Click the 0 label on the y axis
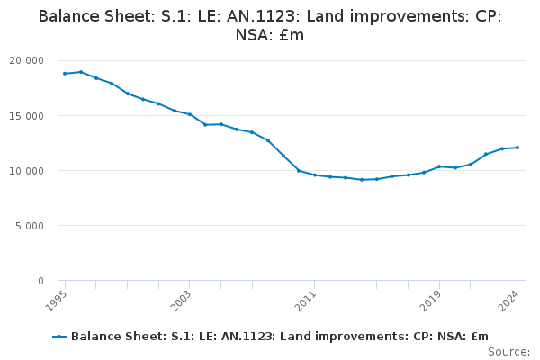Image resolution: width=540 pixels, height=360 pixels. click(x=40, y=281)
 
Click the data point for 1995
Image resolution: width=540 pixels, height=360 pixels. click(x=65, y=74)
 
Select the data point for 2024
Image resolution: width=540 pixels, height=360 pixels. click(x=517, y=148)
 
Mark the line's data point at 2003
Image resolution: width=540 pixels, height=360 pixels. click(x=190, y=114)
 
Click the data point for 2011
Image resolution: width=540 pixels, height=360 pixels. click(x=314, y=175)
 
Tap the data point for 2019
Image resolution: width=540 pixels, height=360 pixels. click(x=439, y=166)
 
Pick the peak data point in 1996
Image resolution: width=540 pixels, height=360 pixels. click(x=80, y=72)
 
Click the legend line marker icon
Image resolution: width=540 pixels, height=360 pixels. click(x=59, y=337)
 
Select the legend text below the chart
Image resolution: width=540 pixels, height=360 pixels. click(x=279, y=337)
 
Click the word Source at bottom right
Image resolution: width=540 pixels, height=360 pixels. click(x=508, y=351)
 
